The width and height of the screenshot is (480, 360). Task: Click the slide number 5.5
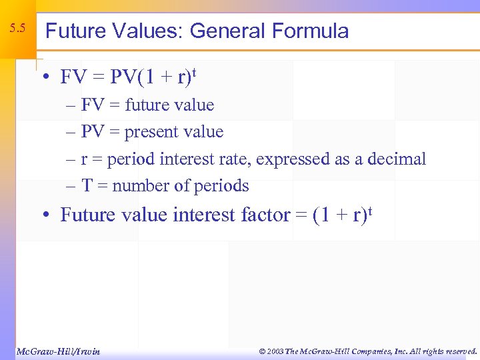click(18, 29)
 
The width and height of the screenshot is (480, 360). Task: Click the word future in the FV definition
click(145, 105)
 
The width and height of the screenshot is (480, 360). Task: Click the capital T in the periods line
click(87, 185)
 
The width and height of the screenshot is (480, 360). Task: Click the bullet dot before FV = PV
click(45, 78)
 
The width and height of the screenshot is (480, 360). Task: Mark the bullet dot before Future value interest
click(45, 215)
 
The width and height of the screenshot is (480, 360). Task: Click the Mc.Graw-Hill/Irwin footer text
click(57, 351)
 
